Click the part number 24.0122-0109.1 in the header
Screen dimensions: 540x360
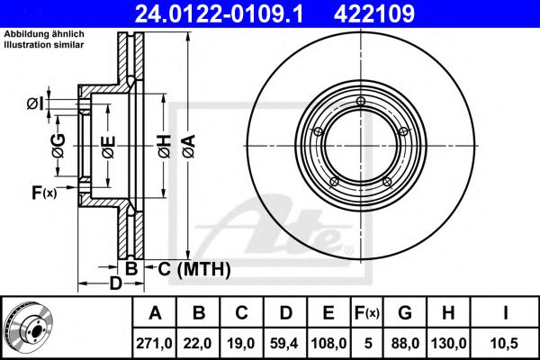coord(219,14)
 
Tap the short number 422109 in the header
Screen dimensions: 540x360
coord(374,14)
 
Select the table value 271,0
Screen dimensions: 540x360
coord(154,343)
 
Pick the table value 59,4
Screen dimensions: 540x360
coord(284,343)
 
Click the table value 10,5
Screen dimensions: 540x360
coord(505,343)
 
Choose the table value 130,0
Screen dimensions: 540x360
coord(448,343)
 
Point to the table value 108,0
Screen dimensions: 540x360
coord(328,343)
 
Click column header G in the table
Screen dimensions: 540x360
coord(405,313)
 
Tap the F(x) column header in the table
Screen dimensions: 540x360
coord(367,313)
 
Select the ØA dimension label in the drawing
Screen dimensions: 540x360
coord(189,147)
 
